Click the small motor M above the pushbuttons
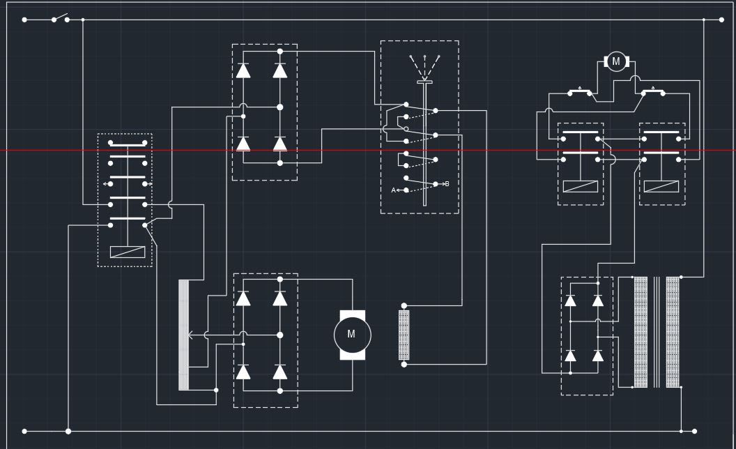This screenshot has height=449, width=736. [616, 61]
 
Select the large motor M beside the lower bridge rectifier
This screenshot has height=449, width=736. [352, 335]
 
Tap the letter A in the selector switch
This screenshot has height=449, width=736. [393, 190]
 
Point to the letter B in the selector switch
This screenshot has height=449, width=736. [447, 184]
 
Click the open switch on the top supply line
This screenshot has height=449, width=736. [61, 17]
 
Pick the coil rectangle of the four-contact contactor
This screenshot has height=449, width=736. [128, 252]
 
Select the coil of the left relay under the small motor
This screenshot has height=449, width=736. [581, 186]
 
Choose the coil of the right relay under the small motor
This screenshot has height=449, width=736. [661, 186]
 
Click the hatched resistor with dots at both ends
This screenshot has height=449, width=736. [404, 335]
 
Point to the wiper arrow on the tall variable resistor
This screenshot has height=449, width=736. [190, 335]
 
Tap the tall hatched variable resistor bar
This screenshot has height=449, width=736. [184, 335]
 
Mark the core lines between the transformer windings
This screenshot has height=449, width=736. [657, 332]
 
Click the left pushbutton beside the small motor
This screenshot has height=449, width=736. [580, 91]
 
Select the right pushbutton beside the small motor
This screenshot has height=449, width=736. [653, 91]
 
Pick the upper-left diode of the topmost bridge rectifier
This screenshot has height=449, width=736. [243, 70]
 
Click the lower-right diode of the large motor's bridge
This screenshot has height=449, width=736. [280, 372]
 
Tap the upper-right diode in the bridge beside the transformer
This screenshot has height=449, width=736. [598, 300]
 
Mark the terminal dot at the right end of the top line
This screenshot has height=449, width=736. [721, 20]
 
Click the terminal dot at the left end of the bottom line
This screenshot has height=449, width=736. [24, 432]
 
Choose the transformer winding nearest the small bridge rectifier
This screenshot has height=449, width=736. [641, 332]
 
